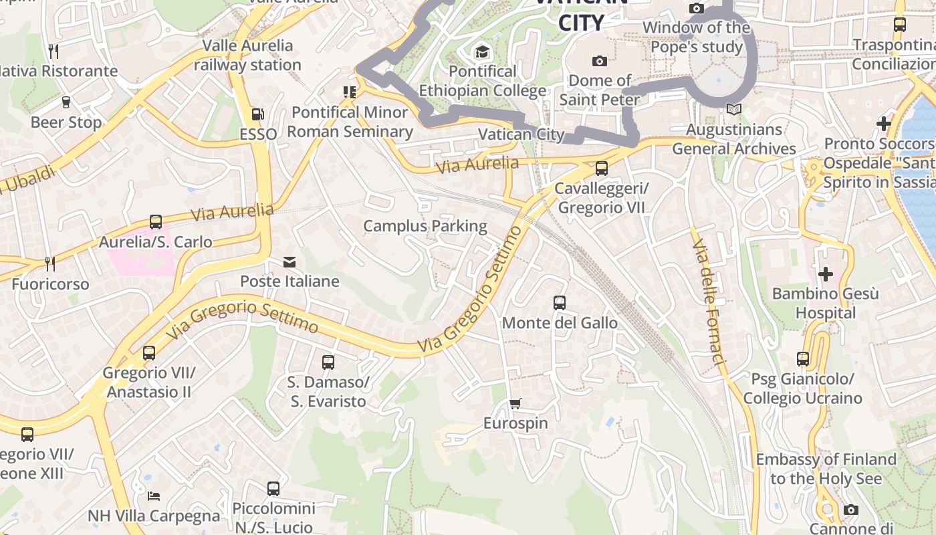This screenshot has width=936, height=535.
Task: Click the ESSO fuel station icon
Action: click(257, 115)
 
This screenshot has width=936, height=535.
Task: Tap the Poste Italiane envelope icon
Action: click(289, 262)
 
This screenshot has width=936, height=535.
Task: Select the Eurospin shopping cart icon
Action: click(515, 403)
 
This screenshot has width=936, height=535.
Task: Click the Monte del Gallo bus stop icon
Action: click(560, 303)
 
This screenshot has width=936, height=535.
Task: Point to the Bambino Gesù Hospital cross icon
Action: click(826, 274)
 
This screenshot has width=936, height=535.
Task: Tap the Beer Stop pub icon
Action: click(66, 102)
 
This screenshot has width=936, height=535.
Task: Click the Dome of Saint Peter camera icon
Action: click(600, 62)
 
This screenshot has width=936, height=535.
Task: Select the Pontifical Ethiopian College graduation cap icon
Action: click(482, 51)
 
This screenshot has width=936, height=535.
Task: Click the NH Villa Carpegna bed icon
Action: click(154, 496)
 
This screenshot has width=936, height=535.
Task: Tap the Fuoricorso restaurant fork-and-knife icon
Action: click(50, 263)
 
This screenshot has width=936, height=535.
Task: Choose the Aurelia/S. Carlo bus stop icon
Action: click(156, 222)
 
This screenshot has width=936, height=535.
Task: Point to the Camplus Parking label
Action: click(425, 226)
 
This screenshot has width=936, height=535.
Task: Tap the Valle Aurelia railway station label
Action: click(247, 55)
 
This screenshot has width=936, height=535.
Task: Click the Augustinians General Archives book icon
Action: click(734, 109)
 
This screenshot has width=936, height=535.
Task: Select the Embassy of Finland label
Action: click(826, 469)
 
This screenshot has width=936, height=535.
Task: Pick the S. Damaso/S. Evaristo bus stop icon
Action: click(328, 362)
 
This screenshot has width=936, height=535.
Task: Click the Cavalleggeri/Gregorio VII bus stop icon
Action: click(601, 169)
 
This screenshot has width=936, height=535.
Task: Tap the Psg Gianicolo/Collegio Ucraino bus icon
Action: click(803, 359)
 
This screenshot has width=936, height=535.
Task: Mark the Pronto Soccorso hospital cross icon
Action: click(884, 124)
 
